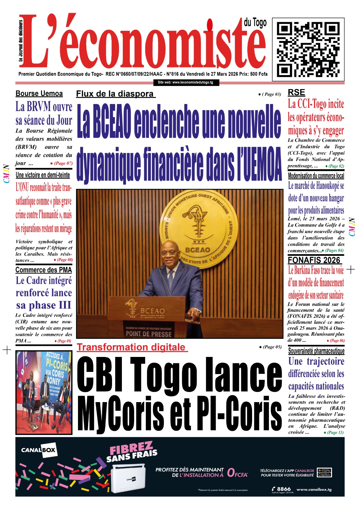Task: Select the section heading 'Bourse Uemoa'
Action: coord(39,94)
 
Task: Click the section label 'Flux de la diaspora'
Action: coord(115,94)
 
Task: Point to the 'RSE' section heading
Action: coord(296,93)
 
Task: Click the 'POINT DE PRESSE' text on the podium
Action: coord(149,334)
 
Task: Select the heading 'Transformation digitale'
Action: coord(131,347)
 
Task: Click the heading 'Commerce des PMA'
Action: coord(44,270)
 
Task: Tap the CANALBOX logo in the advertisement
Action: coord(38,450)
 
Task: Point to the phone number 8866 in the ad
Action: coord(283,489)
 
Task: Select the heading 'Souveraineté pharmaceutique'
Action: coord(316,351)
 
